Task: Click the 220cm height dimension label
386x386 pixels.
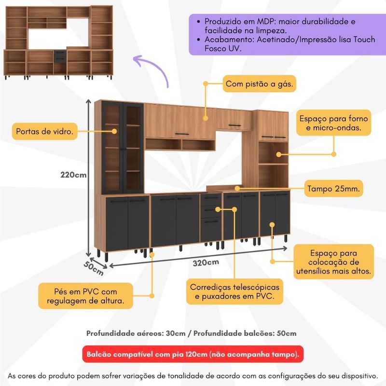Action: point(73,175)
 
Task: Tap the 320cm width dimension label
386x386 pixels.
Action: point(206,262)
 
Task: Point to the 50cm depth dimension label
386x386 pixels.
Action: point(93,268)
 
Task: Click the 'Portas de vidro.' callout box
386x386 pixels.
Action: point(45,131)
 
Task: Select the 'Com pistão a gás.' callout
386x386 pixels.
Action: point(260,84)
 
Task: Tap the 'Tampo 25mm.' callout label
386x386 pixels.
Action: point(333,189)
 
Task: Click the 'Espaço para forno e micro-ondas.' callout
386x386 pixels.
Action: point(333,123)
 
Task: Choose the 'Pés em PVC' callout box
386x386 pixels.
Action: point(85,296)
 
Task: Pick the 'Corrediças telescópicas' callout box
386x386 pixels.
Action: point(234,291)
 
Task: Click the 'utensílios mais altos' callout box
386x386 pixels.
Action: point(333,262)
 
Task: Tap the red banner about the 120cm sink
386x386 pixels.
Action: point(193,354)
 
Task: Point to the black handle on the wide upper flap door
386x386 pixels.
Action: point(182,134)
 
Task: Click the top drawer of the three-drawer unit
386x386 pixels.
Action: point(211,199)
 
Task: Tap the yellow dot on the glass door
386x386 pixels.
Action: point(114,131)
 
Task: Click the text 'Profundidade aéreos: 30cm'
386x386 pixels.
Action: point(136,333)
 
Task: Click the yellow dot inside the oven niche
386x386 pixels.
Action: point(278,154)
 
